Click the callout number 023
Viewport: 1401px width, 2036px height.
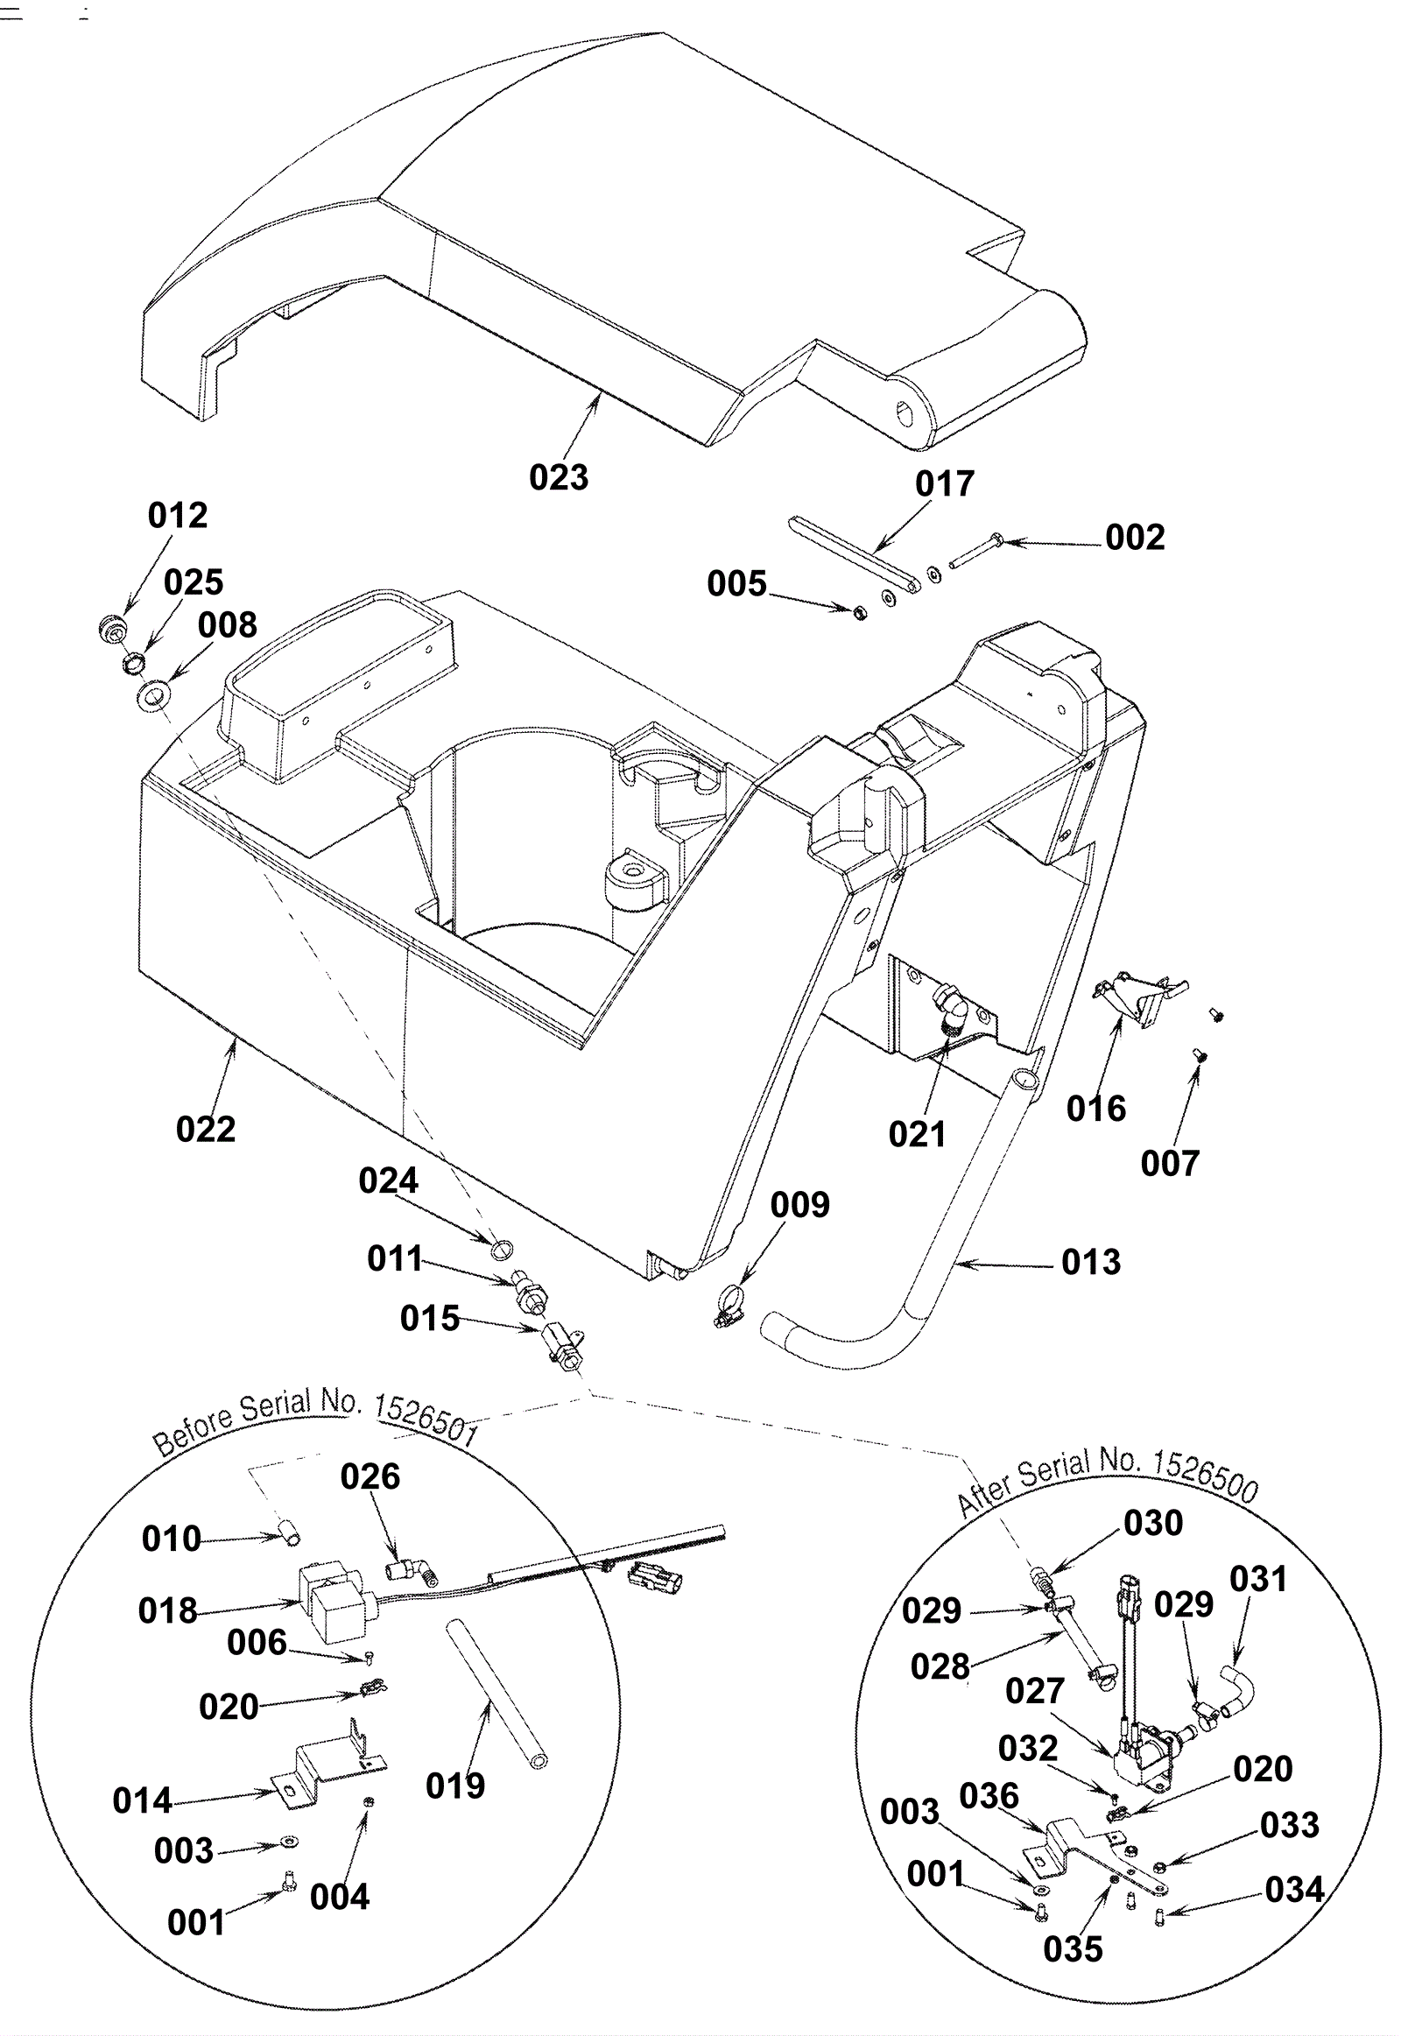coord(559,477)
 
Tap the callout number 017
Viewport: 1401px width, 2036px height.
coord(945,483)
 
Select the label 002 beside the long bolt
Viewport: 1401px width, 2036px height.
coord(1135,538)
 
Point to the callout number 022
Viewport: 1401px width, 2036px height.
coord(206,1129)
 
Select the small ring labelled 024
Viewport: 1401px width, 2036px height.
coord(501,1250)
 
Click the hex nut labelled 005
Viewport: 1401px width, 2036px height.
coord(861,611)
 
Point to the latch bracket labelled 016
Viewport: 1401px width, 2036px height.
coord(1139,999)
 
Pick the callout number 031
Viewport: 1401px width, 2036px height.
coord(1258,1580)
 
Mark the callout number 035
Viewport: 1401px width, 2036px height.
coord(1073,1949)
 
